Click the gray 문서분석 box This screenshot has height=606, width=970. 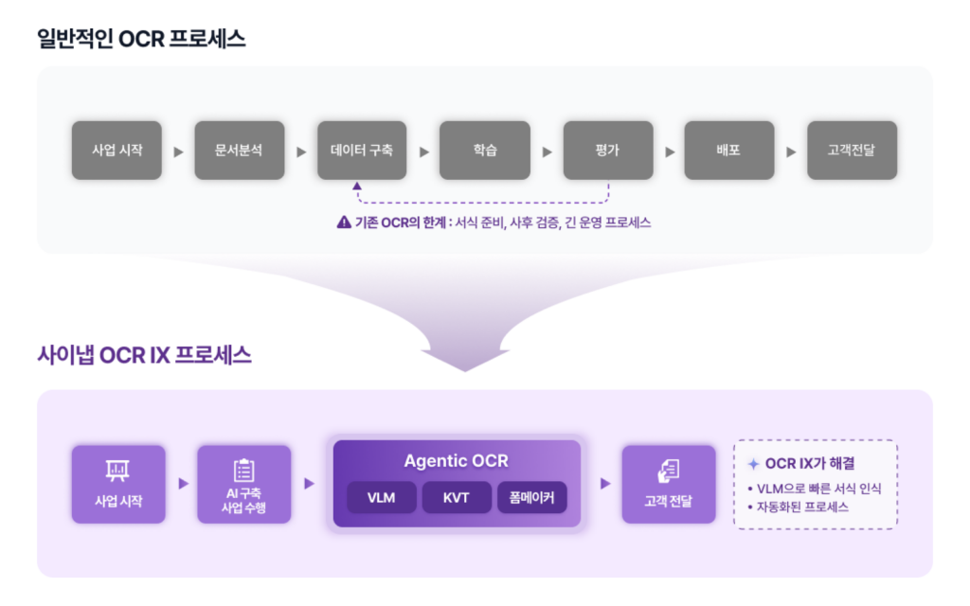pyautogui.click(x=240, y=150)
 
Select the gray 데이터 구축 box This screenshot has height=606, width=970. pyautogui.click(x=362, y=150)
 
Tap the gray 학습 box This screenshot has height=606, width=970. pyautogui.click(x=485, y=150)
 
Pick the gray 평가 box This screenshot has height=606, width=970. pyautogui.click(x=607, y=150)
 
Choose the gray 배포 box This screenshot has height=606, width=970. pyautogui.click(x=728, y=150)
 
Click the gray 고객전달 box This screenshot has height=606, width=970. pyautogui.click(x=852, y=150)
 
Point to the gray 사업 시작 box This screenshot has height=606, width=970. pyautogui.click(x=117, y=150)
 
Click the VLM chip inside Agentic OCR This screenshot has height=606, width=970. pyautogui.click(x=381, y=497)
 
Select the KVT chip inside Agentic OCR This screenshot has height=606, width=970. pyautogui.click(x=457, y=497)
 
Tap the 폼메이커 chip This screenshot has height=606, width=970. pyautogui.click(x=531, y=497)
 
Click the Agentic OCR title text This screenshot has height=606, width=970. pyautogui.click(x=456, y=461)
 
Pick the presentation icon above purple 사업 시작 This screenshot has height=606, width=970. pyautogui.click(x=118, y=470)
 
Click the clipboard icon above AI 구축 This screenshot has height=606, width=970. pyautogui.click(x=243, y=470)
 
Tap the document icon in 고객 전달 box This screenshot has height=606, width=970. pyautogui.click(x=668, y=470)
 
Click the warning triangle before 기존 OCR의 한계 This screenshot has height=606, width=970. pyautogui.click(x=344, y=223)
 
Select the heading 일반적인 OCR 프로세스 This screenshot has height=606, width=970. pyautogui.click(x=141, y=38)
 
